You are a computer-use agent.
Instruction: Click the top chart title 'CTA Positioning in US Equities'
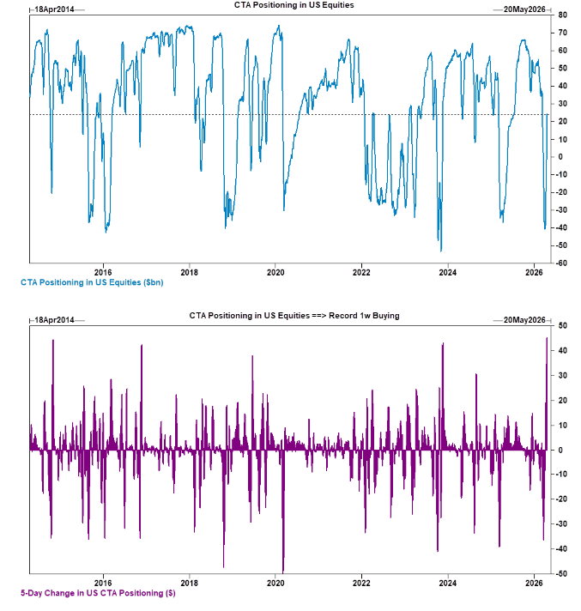tap(294, 6)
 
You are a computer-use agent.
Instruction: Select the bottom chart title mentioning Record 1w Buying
tap(294, 317)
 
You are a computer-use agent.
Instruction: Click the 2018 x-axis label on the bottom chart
tap(190, 582)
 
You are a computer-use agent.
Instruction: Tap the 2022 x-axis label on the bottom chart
tap(361, 582)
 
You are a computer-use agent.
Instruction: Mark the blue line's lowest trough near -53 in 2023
tap(441, 251)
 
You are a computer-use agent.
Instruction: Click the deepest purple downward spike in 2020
tap(282, 570)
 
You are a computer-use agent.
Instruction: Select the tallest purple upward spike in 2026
tap(547, 339)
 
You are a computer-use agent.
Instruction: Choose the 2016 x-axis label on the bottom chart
tap(103, 582)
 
